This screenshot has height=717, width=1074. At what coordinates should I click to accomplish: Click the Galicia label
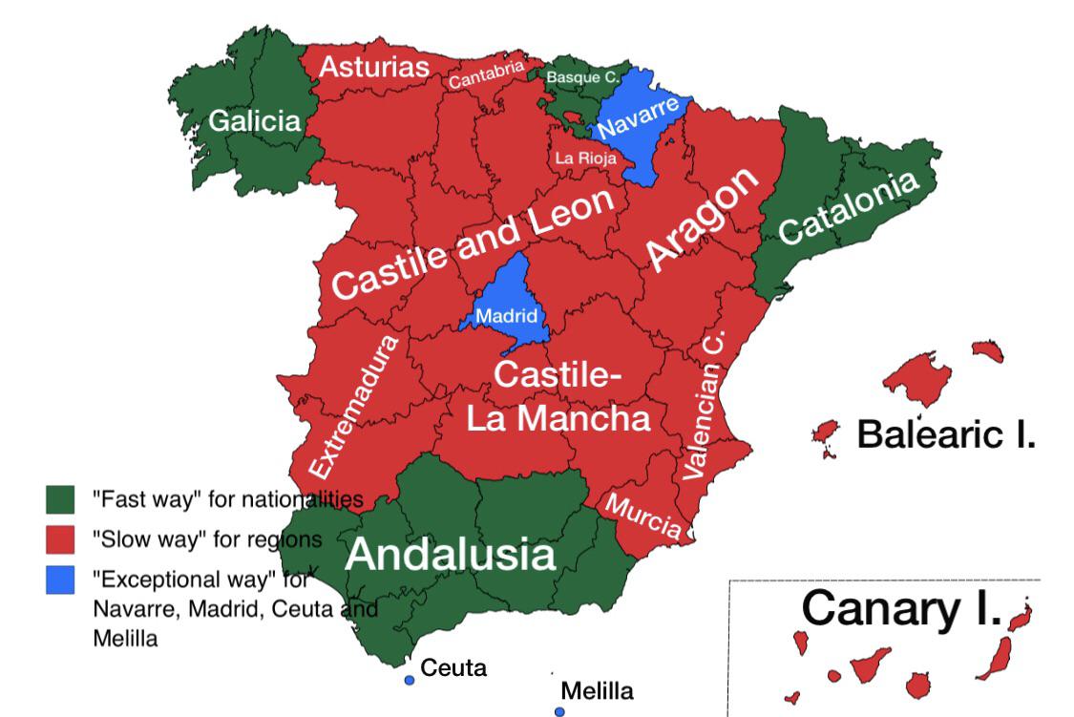click(254, 121)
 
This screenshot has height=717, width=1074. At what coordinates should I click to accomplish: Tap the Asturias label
click(373, 67)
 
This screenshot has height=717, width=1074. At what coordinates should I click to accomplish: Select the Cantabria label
click(487, 74)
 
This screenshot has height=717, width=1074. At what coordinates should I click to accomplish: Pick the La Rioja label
click(585, 158)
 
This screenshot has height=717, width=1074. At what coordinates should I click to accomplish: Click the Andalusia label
click(450, 555)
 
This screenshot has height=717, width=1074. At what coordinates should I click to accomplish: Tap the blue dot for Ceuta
click(409, 680)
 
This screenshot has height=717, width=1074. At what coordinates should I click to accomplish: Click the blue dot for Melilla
click(559, 711)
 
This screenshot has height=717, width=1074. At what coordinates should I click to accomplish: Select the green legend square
click(60, 498)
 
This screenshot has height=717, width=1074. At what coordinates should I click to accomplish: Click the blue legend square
click(60, 580)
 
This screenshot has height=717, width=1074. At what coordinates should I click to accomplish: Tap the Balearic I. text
click(946, 433)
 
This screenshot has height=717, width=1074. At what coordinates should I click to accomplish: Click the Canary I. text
click(901, 608)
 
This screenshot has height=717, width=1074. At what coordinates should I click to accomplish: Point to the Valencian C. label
click(705, 405)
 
